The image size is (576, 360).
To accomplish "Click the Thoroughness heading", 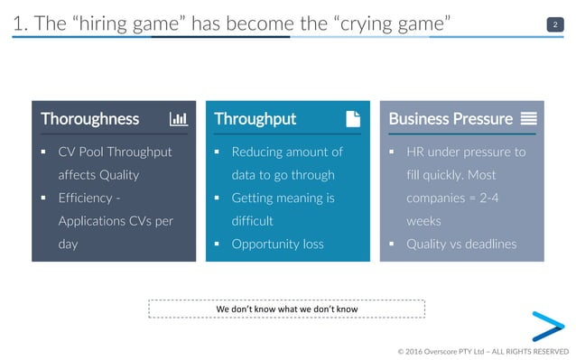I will coord(89,119).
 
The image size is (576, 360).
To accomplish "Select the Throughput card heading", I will coord(255,119).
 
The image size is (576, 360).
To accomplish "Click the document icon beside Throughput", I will coord(353,119).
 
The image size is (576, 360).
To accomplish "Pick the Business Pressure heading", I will coord(450,119).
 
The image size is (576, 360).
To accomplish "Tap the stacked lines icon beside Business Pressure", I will coord(529,119).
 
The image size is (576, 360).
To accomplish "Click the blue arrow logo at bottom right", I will coord(546,326).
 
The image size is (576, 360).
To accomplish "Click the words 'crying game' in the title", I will coord(397,23).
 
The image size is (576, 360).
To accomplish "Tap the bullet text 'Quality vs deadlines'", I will coord(460,244).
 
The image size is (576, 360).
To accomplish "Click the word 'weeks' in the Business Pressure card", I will coord(423,221).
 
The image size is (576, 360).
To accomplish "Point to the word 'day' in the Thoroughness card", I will coord(69,244).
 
